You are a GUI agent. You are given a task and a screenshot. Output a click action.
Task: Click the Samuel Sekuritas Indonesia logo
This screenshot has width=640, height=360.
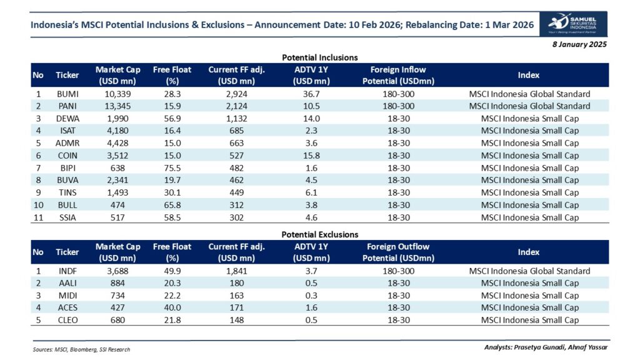pyautogui.click(x=577, y=24)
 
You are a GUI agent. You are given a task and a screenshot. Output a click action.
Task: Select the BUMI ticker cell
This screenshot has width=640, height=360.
pyautogui.click(x=67, y=94)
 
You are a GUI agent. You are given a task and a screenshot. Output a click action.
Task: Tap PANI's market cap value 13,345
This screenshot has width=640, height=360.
pyautogui.click(x=116, y=106)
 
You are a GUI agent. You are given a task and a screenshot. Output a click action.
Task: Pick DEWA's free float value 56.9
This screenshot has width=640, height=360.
pyautogui.click(x=172, y=119)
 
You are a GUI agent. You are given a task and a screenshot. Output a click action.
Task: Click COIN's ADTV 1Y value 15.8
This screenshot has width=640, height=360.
pyautogui.click(x=311, y=156)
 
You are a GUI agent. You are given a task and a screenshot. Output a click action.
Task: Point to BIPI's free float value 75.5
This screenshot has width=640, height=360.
pyautogui.click(x=172, y=168)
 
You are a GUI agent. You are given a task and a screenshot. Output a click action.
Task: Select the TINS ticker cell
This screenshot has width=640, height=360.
pyautogui.click(x=67, y=192)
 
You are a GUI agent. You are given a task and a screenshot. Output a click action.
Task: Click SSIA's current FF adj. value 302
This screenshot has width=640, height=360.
pyautogui.click(x=237, y=217)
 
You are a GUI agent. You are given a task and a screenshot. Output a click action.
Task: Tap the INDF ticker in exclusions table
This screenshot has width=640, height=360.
pyautogui.click(x=67, y=271)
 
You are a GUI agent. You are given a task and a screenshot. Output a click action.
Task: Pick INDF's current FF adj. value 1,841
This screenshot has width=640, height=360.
pyautogui.click(x=237, y=271)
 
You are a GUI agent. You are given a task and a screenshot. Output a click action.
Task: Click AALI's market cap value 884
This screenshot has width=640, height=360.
pyautogui.click(x=116, y=283)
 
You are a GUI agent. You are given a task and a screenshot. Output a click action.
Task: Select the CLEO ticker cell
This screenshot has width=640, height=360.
pyautogui.click(x=67, y=320)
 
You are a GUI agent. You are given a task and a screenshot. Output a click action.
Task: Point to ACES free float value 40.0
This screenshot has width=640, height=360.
pyautogui.click(x=172, y=307)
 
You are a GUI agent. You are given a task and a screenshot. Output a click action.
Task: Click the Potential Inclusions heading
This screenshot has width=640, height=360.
pyautogui.click(x=319, y=57)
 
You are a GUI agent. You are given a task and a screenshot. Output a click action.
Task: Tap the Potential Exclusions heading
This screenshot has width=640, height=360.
pyautogui.click(x=319, y=234)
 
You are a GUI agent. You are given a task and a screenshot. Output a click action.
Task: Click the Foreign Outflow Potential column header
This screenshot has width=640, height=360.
pyautogui.click(x=398, y=251)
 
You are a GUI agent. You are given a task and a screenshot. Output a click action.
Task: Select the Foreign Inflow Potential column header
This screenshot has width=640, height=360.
pyautogui.click(x=398, y=74)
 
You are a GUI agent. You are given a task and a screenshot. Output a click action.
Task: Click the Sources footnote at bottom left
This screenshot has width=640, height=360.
pyautogui.click(x=81, y=349)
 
